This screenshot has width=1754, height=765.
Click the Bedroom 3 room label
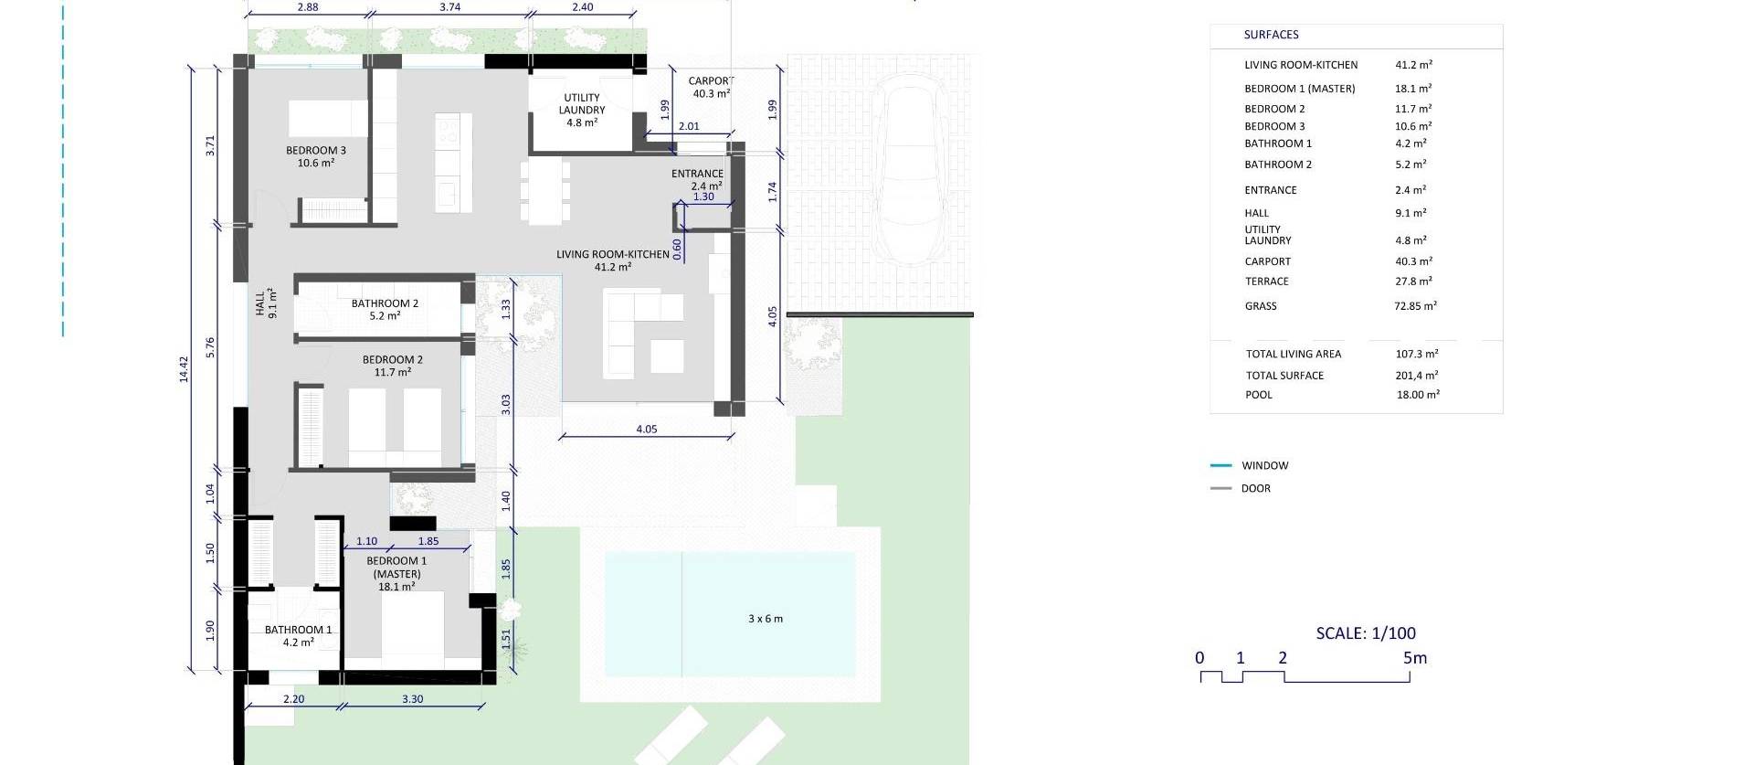click(316, 156)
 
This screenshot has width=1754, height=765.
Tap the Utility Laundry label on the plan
click(582, 110)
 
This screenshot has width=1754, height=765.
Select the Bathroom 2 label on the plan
click(385, 310)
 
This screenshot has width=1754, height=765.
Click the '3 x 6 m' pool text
click(766, 619)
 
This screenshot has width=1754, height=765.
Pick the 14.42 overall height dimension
click(184, 368)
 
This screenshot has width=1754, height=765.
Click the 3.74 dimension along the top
click(449, 7)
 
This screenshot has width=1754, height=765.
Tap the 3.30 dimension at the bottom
click(413, 699)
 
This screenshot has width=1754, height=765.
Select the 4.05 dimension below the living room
click(646, 429)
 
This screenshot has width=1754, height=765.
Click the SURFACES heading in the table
click(1271, 35)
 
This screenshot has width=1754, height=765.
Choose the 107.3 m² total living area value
click(1417, 354)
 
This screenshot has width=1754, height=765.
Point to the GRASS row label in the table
click(1261, 306)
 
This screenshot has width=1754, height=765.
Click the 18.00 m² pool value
click(1418, 395)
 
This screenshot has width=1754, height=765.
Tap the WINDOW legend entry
click(1265, 465)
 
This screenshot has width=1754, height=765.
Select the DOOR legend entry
click(1256, 488)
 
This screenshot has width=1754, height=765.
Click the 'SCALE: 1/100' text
click(1366, 632)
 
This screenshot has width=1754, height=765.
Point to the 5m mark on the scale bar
click(1414, 658)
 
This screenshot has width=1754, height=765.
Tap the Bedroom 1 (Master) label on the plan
click(396, 574)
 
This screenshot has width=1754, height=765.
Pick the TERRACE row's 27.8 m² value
click(1413, 282)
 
